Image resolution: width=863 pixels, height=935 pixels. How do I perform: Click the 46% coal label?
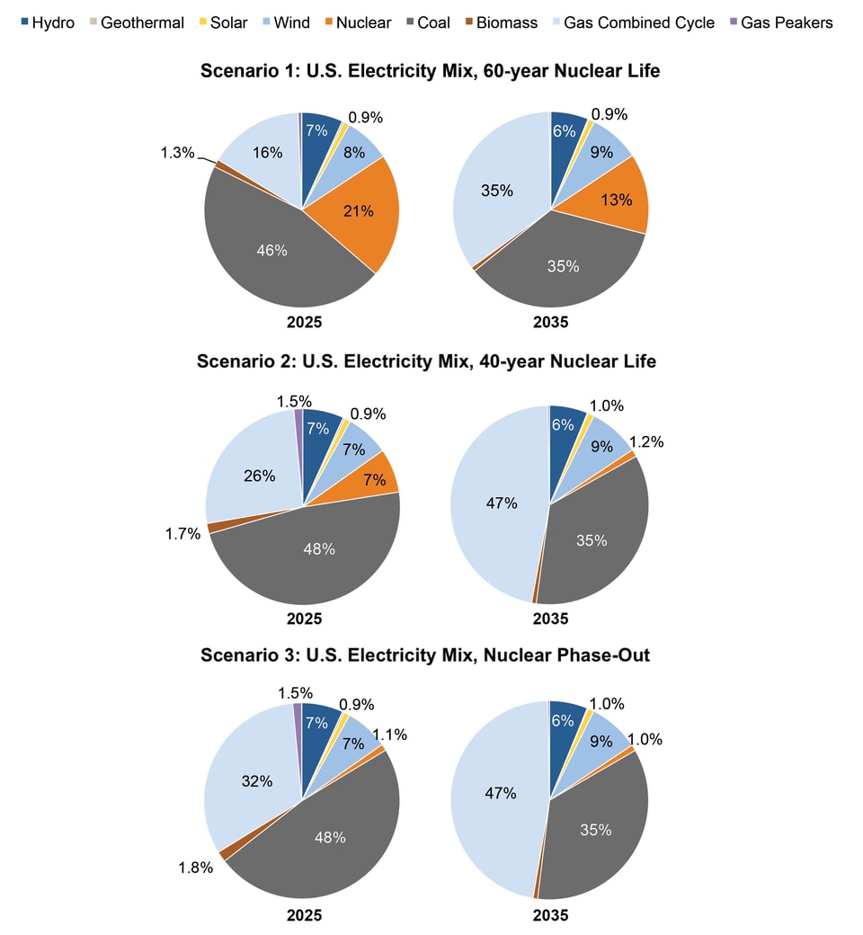pyautogui.click(x=271, y=250)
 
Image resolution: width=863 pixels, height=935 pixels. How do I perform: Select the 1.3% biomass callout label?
pyautogui.click(x=178, y=153)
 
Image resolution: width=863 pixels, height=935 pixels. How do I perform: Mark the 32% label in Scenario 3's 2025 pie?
pyautogui.click(x=257, y=781)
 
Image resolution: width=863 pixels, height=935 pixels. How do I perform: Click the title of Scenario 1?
pyautogui.click(x=431, y=70)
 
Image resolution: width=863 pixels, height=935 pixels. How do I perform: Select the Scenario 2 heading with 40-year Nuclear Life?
pyautogui.click(x=427, y=361)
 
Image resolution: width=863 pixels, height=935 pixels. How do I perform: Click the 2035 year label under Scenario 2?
pyautogui.click(x=550, y=619)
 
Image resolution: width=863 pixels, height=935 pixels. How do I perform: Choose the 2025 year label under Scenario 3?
pyautogui.click(x=304, y=914)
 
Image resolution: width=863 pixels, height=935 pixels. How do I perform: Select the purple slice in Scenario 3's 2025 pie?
pyautogui.click(x=298, y=710)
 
